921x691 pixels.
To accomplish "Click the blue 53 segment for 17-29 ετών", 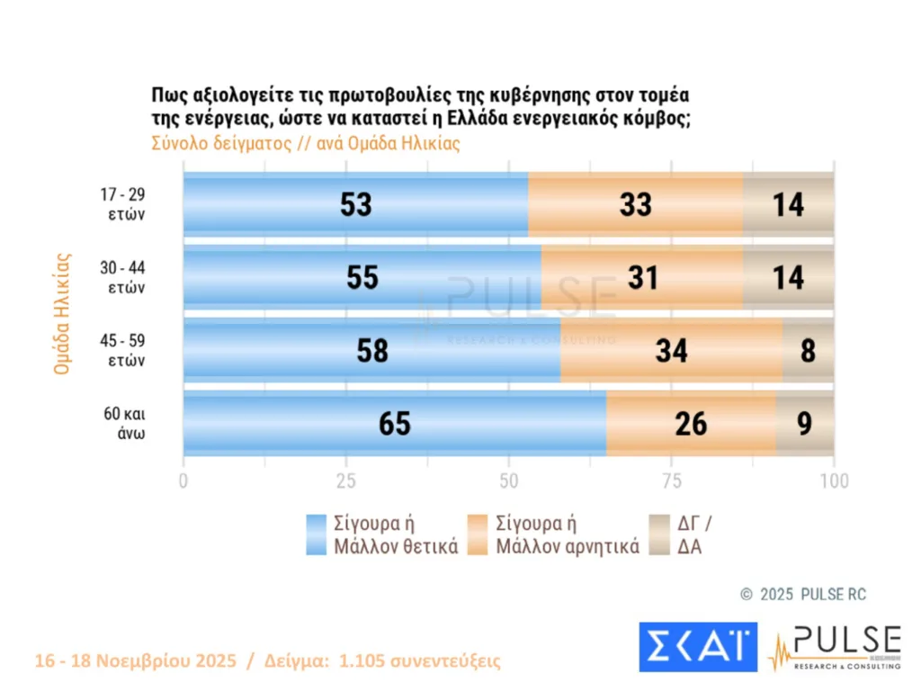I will pyautogui.click(x=355, y=204).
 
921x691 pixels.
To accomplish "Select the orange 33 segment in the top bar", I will pyautogui.click(x=635, y=204).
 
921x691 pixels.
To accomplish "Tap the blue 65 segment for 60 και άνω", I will pyautogui.click(x=395, y=423).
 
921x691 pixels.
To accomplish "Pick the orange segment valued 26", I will pyautogui.click(x=691, y=423).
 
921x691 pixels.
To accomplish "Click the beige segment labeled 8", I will pyautogui.click(x=808, y=350).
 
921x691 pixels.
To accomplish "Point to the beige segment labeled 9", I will pyautogui.click(x=805, y=423).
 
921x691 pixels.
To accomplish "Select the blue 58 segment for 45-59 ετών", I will pyautogui.click(x=371, y=350).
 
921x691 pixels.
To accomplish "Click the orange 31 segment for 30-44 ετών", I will pyautogui.click(x=641, y=277).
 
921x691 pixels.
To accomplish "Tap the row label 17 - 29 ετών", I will pyautogui.click(x=123, y=204).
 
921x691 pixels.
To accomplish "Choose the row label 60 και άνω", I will pyautogui.click(x=123, y=423).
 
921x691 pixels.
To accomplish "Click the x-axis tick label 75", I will pyautogui.click(x=671, y=481).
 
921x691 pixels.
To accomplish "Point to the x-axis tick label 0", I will pyautogui.click(x=183, y=481).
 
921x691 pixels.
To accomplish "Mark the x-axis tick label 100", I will pyautogui.click(x=834, y=481).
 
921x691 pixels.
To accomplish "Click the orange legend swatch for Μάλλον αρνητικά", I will pyautogui.click(x=479, y=534).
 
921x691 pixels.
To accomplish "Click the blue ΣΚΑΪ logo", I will pyautogui.click(x=697, y=646).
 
